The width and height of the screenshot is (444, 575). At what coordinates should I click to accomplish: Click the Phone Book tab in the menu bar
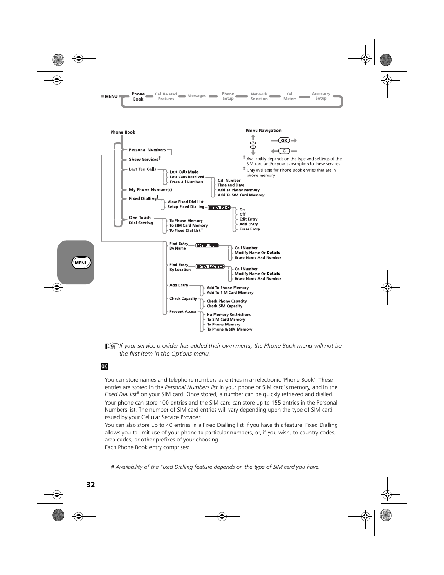coord(138,96)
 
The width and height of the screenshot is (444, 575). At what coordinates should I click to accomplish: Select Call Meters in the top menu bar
coord(290,96)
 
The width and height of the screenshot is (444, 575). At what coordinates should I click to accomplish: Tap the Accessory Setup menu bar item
coord(321,96)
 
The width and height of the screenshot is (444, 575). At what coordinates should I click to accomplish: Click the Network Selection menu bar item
coord(259,96)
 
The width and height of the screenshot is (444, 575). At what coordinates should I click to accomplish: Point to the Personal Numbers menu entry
coord(147,150)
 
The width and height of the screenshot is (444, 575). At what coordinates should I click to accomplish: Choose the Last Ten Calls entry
coord(142,169)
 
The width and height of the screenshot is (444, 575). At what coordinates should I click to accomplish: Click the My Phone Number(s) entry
coord(150,189)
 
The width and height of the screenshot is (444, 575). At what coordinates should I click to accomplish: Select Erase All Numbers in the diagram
coord(187,182)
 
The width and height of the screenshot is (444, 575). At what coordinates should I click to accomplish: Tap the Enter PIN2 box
coord(219,207)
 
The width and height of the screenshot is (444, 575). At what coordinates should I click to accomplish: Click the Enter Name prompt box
coord(207,245)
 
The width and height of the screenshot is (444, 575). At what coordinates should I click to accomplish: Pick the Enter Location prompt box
coord(210,267)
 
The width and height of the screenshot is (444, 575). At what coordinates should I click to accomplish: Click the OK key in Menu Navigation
coord(284,140)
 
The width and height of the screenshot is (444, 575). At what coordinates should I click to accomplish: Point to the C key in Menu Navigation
coord(284,151)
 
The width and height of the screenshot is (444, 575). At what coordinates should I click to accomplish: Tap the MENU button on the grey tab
coord(81,263)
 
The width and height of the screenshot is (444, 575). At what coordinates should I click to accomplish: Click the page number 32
coord(90,484)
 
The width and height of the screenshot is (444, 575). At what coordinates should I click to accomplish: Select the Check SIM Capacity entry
coord(224,306)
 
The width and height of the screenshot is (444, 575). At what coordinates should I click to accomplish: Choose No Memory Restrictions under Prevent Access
coord(229,315)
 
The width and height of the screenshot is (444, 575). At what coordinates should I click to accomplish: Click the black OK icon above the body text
coord(104,366)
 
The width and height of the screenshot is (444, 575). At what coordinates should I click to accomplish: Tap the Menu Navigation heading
coord(263,130)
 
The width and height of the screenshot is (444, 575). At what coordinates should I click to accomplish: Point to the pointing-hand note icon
coord(111,346)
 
